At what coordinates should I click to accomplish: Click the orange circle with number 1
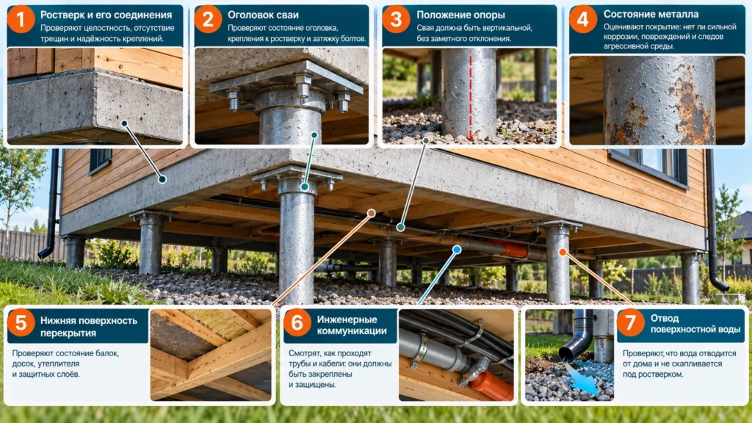pyautogui.click(x=21, y=20)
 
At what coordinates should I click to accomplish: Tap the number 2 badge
pyautogui.click(x=208, y=20)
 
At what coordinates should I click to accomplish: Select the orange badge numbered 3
pyautogui.click(x=396, y=20)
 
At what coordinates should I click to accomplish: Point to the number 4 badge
pyautogui.click(x=582, y=20)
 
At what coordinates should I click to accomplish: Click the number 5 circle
pyautogui.click(x=21, y=323)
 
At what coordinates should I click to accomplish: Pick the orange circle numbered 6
pyautogui.click(x=297, y=323)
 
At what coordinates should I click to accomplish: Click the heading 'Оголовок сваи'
pyautogui.click(x=263, y=15)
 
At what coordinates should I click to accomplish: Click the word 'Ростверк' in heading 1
pyautogui.click(x=62, y=15)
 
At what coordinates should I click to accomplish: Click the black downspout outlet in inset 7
pyautogui.click(x=574, y=341)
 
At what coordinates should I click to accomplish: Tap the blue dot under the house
pyautogui.click(x=457, y=250)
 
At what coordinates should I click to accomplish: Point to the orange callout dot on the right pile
pyautogui.click(x=563, y=252)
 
